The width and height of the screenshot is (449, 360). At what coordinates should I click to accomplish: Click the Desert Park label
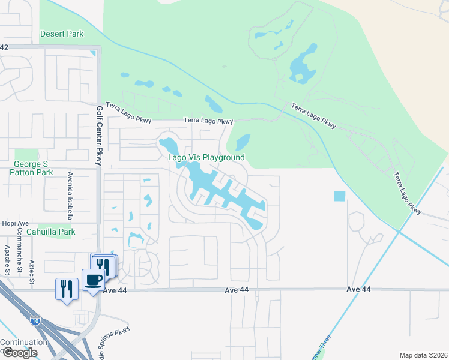[62, 34]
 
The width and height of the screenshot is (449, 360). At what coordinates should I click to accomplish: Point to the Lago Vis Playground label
[206, 157]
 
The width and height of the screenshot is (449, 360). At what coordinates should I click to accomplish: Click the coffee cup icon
[93, 280]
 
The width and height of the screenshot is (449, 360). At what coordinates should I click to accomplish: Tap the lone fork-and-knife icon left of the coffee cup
[66, 289]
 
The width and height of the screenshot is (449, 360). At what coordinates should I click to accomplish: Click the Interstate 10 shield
[35, 320]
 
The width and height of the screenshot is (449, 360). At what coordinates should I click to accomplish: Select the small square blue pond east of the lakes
[340, 196]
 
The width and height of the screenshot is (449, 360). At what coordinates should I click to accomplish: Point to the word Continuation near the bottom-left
[24, 343]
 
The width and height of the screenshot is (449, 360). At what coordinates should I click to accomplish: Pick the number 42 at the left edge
[4, 47]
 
